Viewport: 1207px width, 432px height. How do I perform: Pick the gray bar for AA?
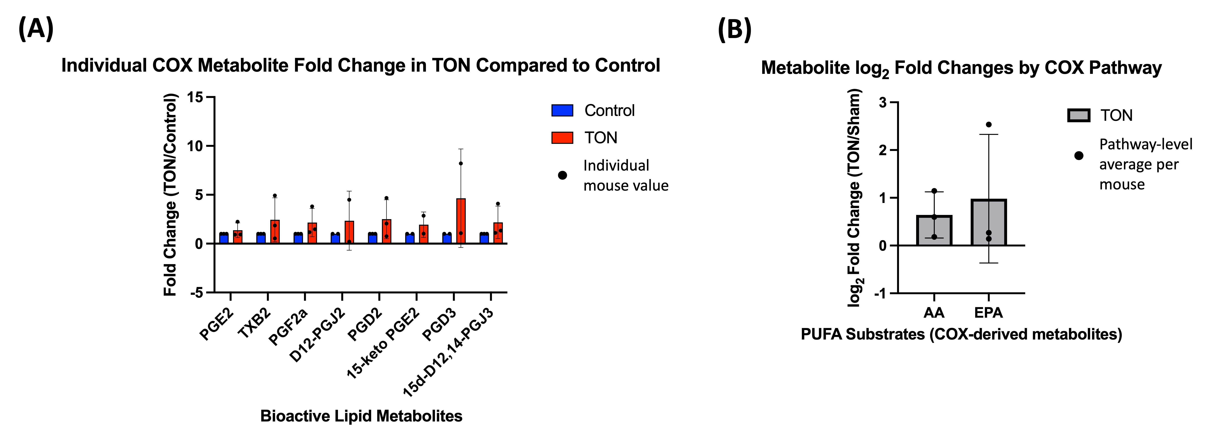click(x=934, y=231)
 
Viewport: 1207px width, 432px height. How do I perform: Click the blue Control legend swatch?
click(x=562, y=111)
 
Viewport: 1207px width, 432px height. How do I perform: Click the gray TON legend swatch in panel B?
click(x=1079, y=115)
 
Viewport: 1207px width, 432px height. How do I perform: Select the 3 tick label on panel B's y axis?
click(x=883, y=102)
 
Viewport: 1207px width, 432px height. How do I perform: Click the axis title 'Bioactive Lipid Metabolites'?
click(x=361, y=416)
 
